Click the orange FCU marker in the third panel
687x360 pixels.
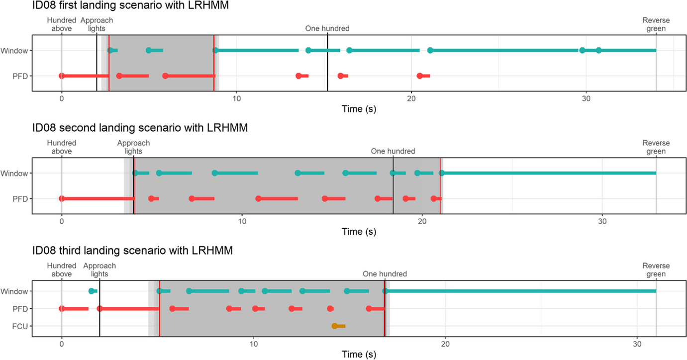(x=335, y=326)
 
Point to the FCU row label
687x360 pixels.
(x=18, y=326)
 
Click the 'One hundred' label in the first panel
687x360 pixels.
(x=327, y=28)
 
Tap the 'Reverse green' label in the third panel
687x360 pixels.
(x=656, y=270)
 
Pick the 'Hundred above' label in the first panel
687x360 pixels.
(x=62, y=24)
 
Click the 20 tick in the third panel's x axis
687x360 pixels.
(x=445, y=344)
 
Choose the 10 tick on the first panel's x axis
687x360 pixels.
(x=236, y=97)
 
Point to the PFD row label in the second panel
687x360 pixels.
(x=19, y=199)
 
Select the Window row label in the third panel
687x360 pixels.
(x=14, y=291)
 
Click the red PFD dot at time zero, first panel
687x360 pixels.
(x=62, y=76)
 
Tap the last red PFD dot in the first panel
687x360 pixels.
(x=420, y=76)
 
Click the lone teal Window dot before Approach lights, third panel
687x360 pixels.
(x=91, y=291)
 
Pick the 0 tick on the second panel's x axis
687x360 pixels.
(x=62, y=220)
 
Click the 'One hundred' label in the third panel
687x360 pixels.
(x=385, y=274)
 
